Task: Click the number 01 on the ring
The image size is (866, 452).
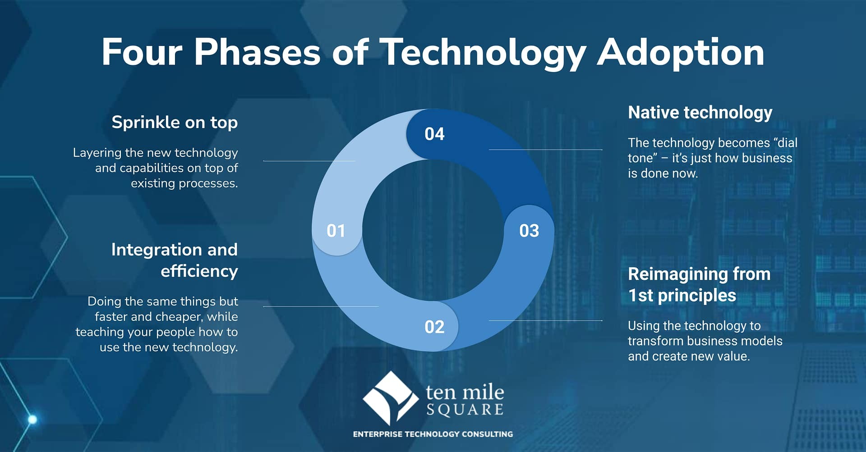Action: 336,231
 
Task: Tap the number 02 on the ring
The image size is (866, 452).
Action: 434,327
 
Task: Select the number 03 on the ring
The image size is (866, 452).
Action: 529,231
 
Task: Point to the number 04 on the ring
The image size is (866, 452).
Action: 434,134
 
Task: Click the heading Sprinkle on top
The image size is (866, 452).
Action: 175,123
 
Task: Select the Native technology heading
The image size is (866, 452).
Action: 700,113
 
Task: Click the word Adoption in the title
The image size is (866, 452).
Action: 681,53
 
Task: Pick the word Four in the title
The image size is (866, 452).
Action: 142,52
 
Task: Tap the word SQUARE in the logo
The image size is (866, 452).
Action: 465,410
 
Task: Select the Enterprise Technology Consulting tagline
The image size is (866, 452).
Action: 433,434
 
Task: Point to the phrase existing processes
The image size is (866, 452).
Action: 184,183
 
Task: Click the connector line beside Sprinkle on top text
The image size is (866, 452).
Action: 309,161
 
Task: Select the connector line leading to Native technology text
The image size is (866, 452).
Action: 545,150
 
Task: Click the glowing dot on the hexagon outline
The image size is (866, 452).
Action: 32,420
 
